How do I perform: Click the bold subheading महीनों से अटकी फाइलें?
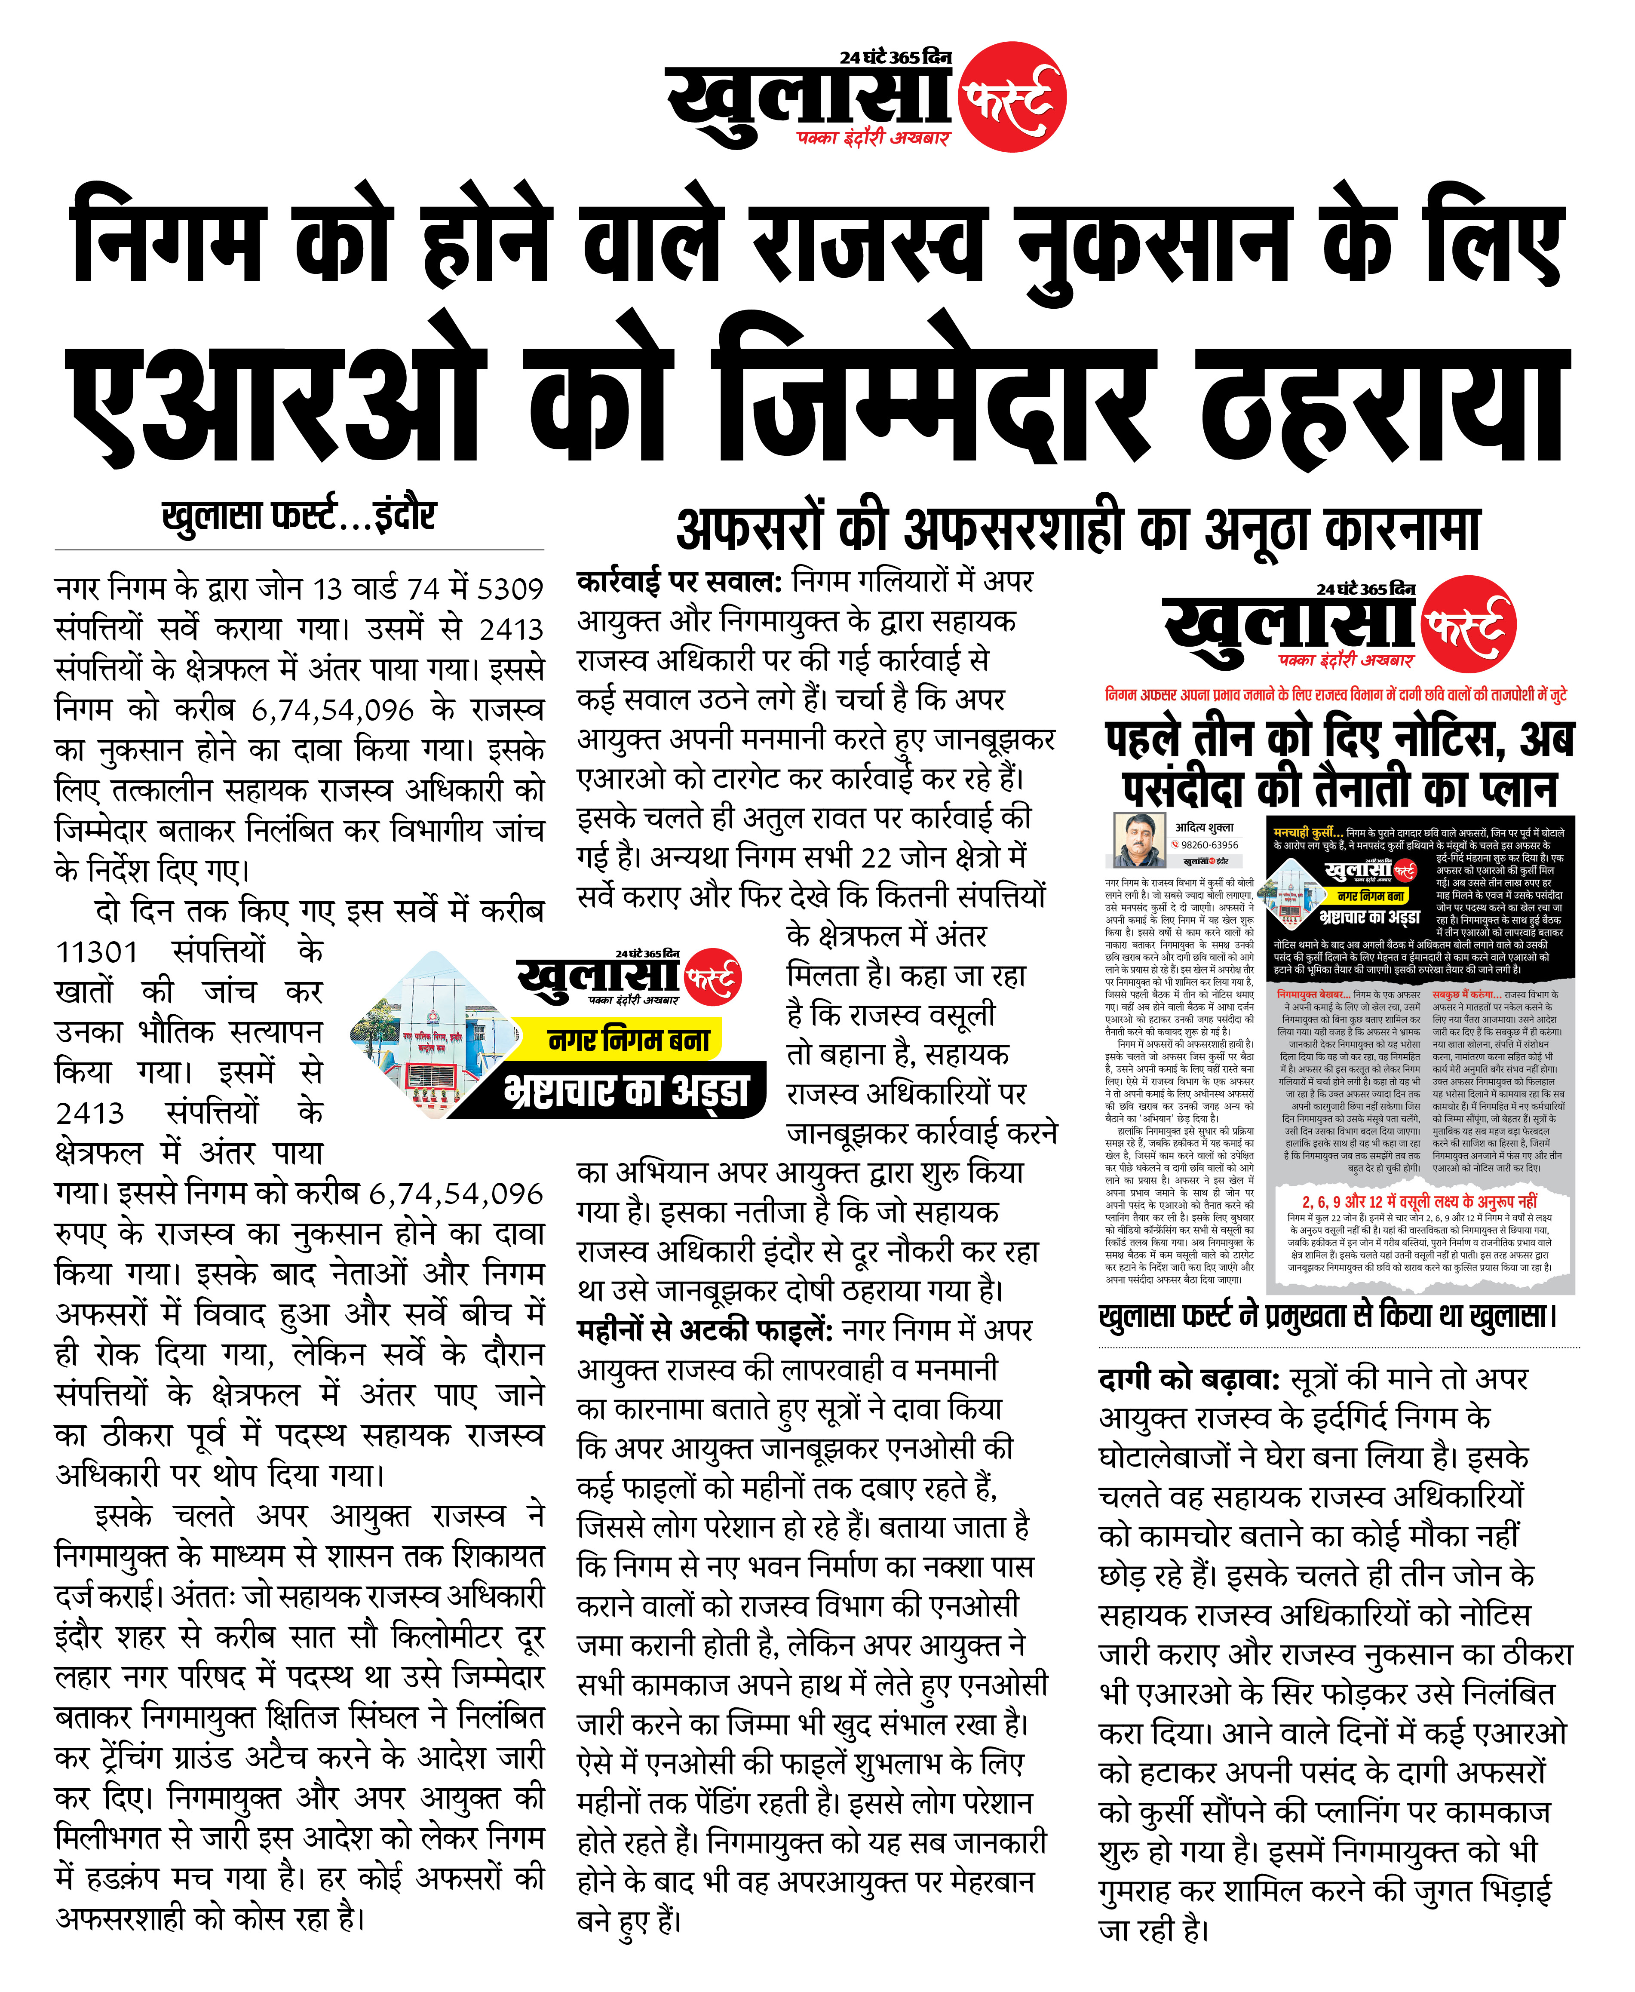click(705, 1330)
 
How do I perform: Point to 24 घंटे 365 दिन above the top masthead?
click(895, 58)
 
